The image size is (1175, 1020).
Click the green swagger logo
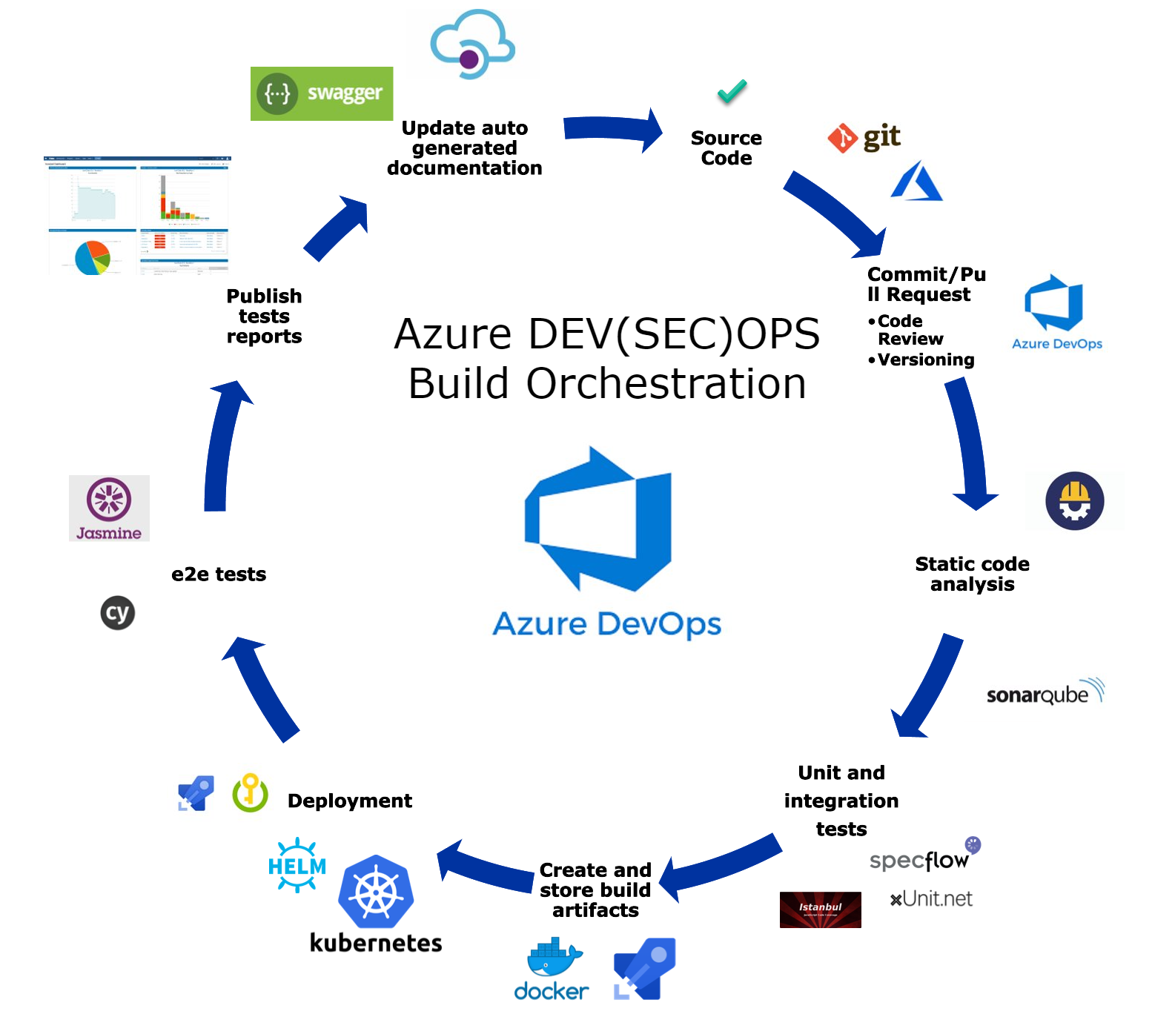pos(321,93)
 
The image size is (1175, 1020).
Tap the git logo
pos(864,137)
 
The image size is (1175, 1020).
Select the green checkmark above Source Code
pos(732,91)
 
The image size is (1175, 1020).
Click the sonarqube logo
pos(1045,692)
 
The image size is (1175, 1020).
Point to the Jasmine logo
pos(109,508)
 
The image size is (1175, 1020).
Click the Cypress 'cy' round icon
pos(117,612)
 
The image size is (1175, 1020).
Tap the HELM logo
pos(297,865)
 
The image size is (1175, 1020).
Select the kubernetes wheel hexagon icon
pos(376,892)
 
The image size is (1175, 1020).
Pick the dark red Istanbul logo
pos(820,910)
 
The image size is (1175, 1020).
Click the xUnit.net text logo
pos(931,899)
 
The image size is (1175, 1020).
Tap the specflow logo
pos(924,857)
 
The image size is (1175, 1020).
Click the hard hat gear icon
pos(1074,501)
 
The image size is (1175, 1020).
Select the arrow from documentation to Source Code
pos(612,130)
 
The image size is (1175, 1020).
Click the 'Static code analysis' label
pos(972,574)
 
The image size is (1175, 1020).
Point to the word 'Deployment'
pos(349,801)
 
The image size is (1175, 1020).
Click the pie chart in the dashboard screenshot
pos(93,257)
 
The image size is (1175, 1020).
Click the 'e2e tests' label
pos(219,574)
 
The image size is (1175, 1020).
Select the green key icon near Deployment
pos(251,792)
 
